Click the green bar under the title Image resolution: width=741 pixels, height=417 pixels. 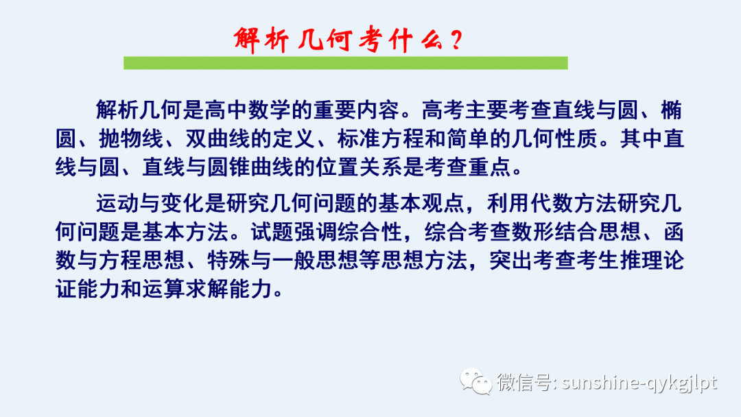(x=345, y=63)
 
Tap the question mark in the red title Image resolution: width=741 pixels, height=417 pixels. (x=453, y=40)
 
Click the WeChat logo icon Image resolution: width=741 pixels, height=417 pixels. (x=475, y=381)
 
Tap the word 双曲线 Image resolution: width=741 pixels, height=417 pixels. (x=224, y=139)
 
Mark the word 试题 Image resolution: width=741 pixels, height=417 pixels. (x=266, y=232)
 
